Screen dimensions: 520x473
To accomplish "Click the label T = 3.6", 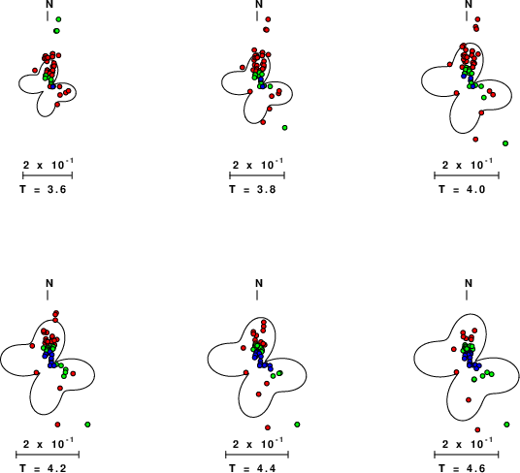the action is tap(43, 189).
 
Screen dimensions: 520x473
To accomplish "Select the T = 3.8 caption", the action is tap(252, 189).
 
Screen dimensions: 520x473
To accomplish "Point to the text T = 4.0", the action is tap(462, 189).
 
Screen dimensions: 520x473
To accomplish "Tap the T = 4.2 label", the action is tap(43, 468).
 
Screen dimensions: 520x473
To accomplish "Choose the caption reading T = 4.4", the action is tap(252, 468).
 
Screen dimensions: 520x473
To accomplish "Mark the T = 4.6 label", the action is tap(462, 468).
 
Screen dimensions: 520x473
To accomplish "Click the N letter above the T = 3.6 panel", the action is tap(49, 4).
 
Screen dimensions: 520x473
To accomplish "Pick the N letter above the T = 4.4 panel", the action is tap(259, 283).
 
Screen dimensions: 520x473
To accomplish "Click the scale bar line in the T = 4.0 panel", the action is tap(467, 175).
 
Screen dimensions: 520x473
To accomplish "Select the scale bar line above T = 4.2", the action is tap(48, 455).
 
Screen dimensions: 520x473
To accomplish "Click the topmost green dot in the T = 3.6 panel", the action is tap(58, 19).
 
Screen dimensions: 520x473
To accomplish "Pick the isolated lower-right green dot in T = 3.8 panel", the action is tap(284, 128).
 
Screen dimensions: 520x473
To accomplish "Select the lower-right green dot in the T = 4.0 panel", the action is tap(505, 143).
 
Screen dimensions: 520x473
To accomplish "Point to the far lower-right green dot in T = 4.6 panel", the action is tap(506, 425).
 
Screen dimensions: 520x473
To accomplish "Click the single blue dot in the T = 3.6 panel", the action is tap(52, 86).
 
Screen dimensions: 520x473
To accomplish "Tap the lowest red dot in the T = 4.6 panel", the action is tap(477, 429).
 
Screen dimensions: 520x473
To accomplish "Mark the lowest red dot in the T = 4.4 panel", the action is tap(268, 427).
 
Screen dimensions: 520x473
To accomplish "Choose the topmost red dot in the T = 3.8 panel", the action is tap(268, 19).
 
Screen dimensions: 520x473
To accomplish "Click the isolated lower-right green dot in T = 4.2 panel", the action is tap(87, 425).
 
